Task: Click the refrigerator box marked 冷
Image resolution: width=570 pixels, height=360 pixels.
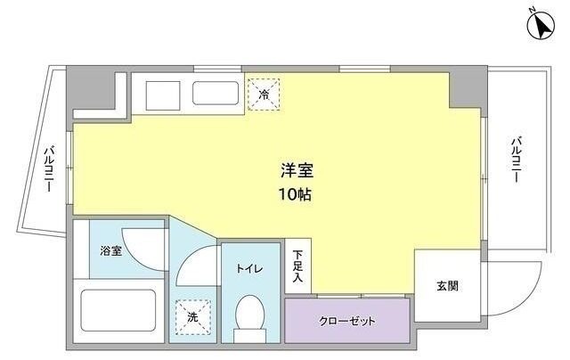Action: tap(264, 94)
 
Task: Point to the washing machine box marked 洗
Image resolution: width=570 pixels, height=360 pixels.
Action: tap(191, 315)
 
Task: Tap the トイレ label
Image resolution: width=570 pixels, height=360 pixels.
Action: tap(248, 268)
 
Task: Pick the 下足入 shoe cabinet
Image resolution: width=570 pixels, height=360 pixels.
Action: tap(298, 264)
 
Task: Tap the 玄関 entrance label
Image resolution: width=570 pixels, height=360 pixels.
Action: tap(446, 286)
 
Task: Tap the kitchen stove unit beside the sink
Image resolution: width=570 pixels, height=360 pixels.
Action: tap(160, 92)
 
